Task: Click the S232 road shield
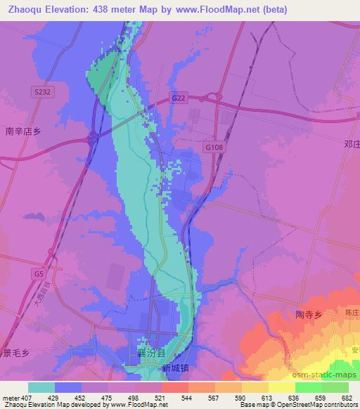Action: click(x=41, y=91)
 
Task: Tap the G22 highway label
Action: click(x=179, y=99)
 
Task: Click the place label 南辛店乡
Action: click(x=23, y=131)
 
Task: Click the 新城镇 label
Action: click(x=176, y=368)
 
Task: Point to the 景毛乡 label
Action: click(x=14, y=353)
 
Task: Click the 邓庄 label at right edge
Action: click(x=352, y=144)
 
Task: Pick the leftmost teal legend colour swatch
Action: click(x=41, y=387)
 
